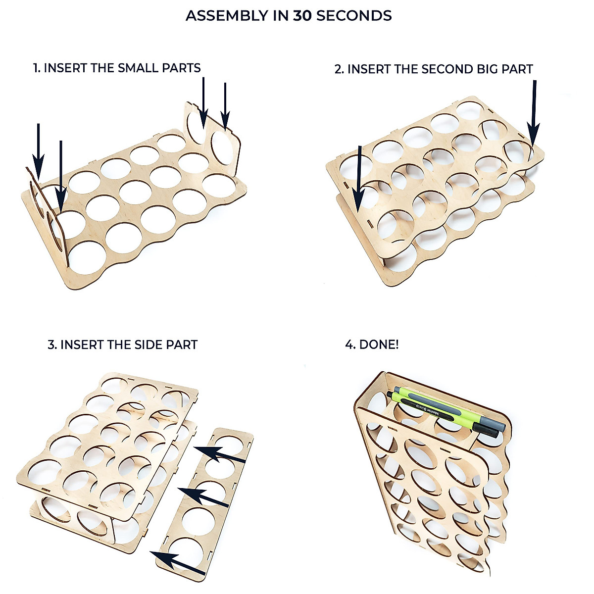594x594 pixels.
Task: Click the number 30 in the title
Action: click(302, 16)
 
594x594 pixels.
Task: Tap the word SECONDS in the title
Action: click(354, 16)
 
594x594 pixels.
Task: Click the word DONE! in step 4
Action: click(379, 345)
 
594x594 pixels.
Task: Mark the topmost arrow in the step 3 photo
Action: click(220, 455)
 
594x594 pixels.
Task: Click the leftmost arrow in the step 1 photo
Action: click(38, 148)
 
